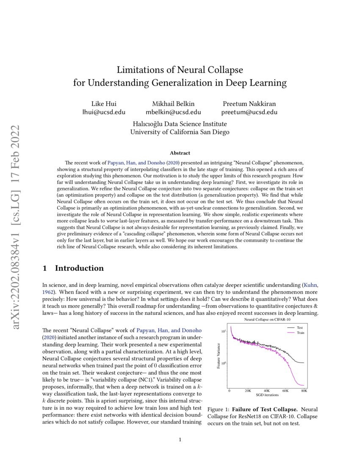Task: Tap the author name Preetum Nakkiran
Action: point(249,104)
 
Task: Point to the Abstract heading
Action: point(180,153)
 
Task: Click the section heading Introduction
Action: point(79,268)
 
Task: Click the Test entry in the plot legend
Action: point(299,327)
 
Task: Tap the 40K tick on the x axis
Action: point(267,391)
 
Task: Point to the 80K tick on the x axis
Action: point(304,391)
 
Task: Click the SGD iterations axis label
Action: point(267,395)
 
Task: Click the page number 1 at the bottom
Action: point(180,440)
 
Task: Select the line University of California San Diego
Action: point(180,132)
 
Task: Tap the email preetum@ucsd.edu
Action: point(249,112)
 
